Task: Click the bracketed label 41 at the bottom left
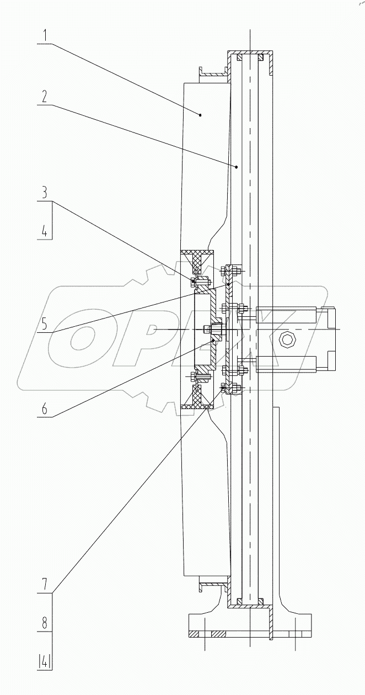pyautogui.click(x=45, y=660)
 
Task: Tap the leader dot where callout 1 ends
pyautogui.click(x=201, y=115)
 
